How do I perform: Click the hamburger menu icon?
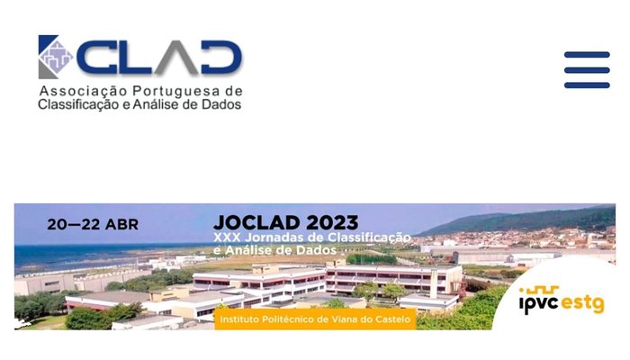coord(587,70)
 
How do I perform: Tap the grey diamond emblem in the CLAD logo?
coord(57,57)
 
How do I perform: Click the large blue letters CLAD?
coord(158,58)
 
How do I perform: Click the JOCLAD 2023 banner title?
coord(286,221)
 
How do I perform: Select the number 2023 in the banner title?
coord(330,221)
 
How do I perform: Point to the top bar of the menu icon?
coord(587,55)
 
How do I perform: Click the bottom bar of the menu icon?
coord(587,85)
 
